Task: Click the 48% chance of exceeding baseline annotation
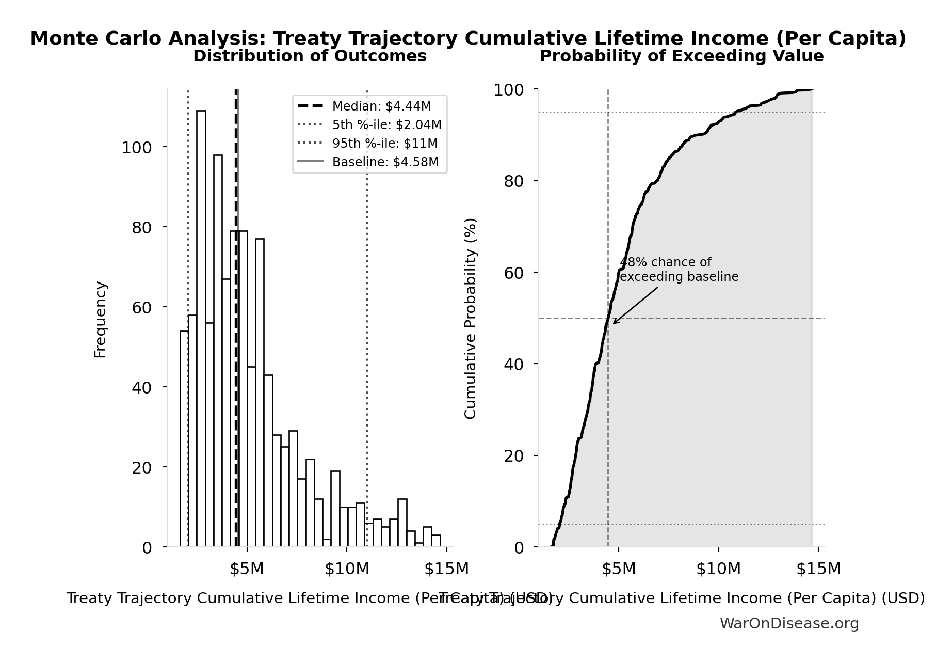point(679,270)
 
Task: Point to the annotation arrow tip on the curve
point(614,323)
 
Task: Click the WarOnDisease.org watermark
point(789,624)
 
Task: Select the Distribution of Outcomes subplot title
point(310,56)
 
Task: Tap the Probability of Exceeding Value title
point(681,56)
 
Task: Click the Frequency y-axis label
point(100,319)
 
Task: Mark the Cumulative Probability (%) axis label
point(470,318)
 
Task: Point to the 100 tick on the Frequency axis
point(137,148)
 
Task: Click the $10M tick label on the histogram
point(347,569)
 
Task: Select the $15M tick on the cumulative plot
point(818,569)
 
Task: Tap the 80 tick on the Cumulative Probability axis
point(513,181)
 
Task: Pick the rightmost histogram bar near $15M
point(436,541)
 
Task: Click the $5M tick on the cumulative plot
point(618,569)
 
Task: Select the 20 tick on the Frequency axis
point(142,468)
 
